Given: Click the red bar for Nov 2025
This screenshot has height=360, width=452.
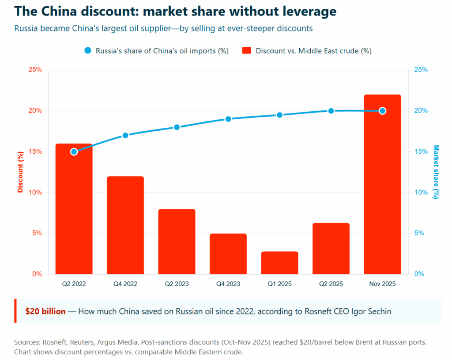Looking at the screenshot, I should (x=382, y=190).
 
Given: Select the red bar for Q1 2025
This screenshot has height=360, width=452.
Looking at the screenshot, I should (x=279, y=263).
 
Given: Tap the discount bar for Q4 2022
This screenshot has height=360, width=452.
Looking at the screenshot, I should (x=125, y=225).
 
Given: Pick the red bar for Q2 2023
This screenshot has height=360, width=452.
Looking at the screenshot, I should (x=177, y=242).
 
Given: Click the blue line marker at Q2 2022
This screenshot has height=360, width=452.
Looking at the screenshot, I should (x=74, y=152).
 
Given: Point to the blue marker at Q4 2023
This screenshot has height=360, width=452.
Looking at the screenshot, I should (x=228, y=119).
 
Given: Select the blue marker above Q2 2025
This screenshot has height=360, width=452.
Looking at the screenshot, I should (x=331, y=111).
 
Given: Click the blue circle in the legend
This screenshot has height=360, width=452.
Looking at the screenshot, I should (x=87, y=50).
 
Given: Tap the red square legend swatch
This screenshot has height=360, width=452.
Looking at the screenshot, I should (x=247, y=50).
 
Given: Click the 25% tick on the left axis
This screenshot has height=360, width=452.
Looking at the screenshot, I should (x=35, y=70).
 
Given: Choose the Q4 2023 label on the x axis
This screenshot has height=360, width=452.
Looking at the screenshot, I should (x=228, y=284).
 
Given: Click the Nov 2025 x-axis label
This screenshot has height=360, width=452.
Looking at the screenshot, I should (x=382, y=284).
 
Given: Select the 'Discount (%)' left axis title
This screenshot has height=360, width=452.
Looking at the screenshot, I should (x=20, y=172).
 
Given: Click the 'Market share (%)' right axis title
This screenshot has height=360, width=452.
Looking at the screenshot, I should (x=436, y=172).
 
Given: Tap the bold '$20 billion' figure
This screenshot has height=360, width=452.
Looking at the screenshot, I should (x=45, y=311).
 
